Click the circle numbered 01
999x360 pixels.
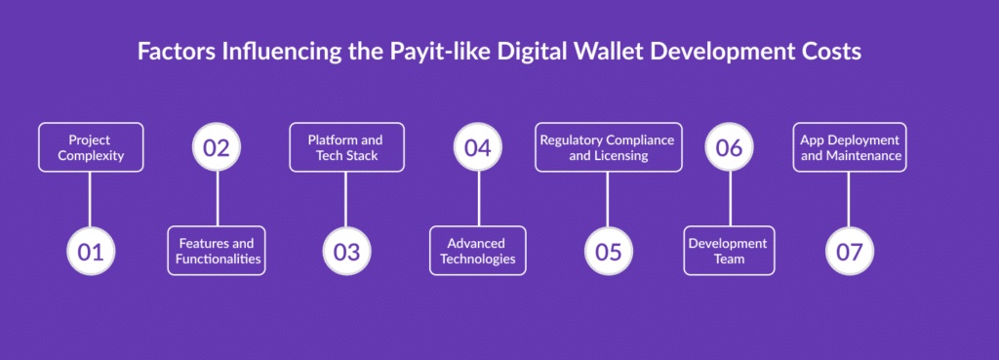tap(90, 251)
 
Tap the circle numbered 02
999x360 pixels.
tap(217, 147)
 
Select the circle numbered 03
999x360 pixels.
tap(346, 251)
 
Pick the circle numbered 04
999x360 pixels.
tap(477, 147)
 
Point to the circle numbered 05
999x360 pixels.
tap(608, 251)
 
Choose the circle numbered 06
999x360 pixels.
tap(729, 147)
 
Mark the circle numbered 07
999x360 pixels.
tap(849, 251)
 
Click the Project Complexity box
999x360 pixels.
tap(90, 147)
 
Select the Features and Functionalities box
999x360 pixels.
tap(217, 251)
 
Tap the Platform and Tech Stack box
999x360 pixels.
tap(346, 147)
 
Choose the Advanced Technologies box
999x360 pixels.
tap(477, 251)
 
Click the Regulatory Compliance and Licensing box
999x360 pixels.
tap(608, 147)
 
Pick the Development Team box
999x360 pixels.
tap(729, 251)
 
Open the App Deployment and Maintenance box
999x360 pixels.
tap(849, 147)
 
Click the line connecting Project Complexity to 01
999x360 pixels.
tap(90, 199)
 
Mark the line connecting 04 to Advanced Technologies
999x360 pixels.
tap(477, 199)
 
